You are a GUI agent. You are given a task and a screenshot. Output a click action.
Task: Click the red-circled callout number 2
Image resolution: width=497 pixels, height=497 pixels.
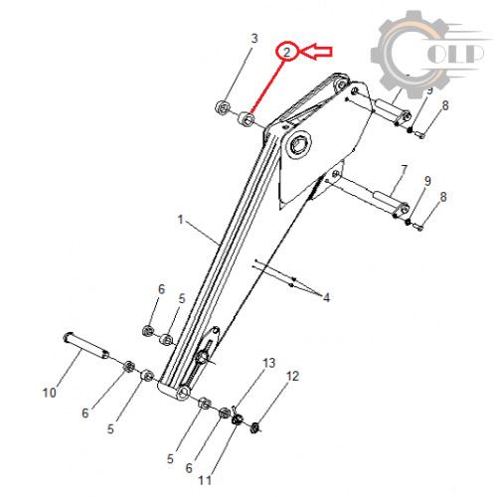[x=286, y=52]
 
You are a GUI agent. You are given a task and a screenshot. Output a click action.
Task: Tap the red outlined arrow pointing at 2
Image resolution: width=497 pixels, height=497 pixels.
[x=317, y=52]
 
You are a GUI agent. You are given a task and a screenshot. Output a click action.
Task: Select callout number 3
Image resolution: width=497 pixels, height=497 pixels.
[x=254, y=39]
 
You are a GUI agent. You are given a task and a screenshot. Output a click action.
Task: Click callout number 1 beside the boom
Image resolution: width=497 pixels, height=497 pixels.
[x=180, y=220]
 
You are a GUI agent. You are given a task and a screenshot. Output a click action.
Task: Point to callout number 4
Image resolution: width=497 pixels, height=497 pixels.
[x=327, y=297]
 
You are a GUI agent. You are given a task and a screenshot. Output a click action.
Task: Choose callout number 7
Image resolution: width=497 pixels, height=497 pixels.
[x=404, y=170]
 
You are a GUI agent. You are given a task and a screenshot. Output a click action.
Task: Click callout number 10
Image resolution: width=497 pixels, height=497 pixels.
[x=50, y=393]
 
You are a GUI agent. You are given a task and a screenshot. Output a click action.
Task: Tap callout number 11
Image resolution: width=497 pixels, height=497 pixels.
[x=205, y=480]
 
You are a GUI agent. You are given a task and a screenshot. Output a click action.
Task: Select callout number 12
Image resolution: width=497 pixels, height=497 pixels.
[x=292, y=376]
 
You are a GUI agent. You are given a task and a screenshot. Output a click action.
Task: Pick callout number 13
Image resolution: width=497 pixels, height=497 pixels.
[x=269, y=363]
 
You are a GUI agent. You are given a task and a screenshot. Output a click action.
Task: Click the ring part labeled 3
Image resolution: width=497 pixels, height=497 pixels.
[x=223, y=107]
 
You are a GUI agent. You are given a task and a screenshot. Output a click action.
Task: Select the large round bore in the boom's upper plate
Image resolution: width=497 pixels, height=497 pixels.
[x=300, y=145]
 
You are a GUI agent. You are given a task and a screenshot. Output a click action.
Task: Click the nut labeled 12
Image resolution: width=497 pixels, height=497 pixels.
[x=254, y=427]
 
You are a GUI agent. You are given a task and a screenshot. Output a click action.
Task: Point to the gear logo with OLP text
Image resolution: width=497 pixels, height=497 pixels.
[x=429, y=55]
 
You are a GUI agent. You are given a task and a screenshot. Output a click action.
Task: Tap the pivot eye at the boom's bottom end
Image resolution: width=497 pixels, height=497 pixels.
[x=183, y=393]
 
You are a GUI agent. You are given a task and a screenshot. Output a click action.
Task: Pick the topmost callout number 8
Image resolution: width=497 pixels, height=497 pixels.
[x=445, y=105]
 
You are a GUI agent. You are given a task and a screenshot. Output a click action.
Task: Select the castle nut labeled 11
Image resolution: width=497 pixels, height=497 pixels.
[x=237, y=420]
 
